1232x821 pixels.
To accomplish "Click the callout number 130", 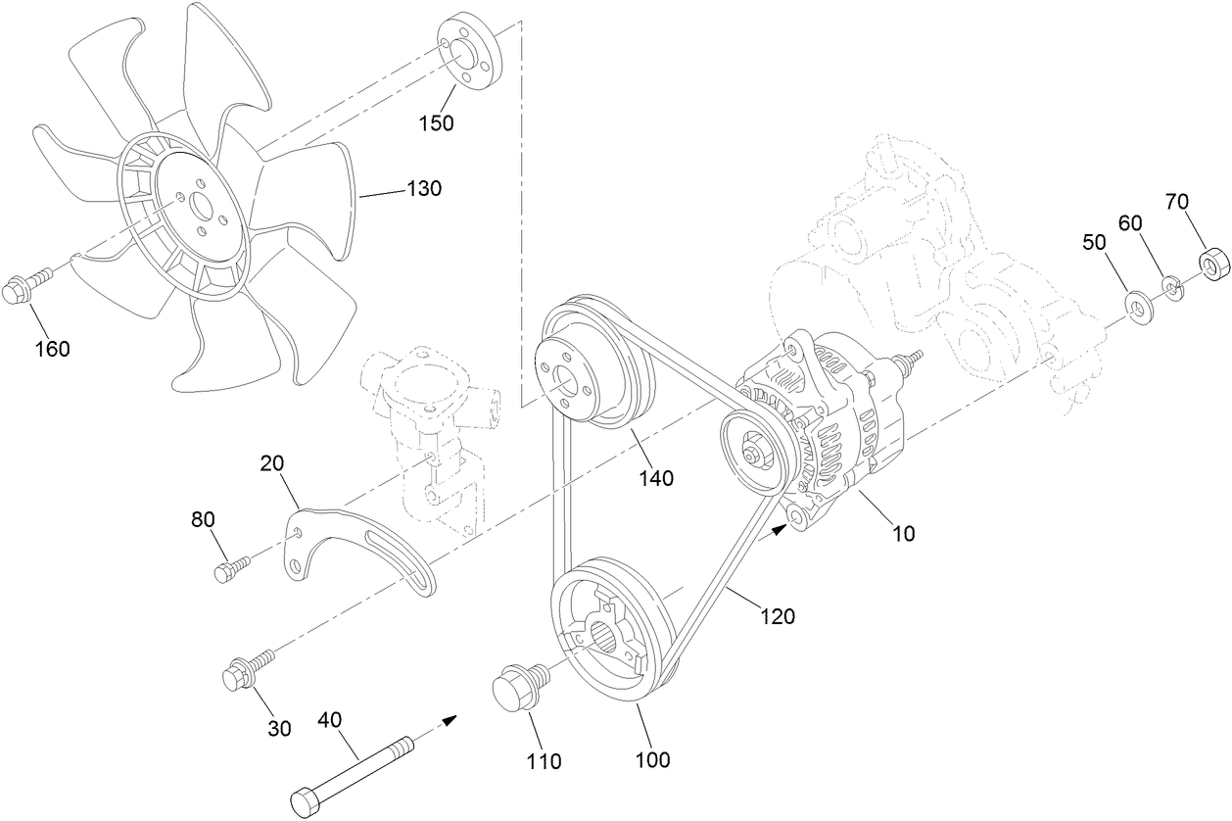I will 424,189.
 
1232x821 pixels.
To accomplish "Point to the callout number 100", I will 652,759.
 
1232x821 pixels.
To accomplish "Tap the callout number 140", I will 656,478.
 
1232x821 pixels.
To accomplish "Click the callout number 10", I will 903,534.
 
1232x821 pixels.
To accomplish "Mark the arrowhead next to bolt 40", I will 449,721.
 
